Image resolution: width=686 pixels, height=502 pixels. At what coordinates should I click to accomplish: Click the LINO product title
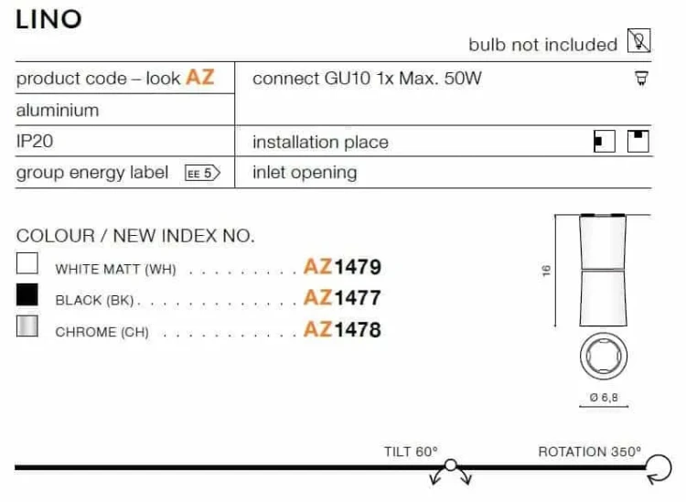point(48,20)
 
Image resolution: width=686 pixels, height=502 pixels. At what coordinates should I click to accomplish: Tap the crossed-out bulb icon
point(638,40)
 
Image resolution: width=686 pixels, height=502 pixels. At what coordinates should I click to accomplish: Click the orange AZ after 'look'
point(200,78)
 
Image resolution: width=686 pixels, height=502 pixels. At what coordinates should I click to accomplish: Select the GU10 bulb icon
point(641,79)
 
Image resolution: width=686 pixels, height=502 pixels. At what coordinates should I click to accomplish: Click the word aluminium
point(58,111)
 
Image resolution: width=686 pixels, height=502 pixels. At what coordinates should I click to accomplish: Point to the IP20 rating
point(35,141)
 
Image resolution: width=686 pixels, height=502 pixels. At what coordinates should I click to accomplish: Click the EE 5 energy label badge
point(202,173)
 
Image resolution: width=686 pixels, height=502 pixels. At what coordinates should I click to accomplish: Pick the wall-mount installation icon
point(605,141)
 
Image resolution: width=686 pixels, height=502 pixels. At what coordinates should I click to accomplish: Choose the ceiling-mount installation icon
point(638,141)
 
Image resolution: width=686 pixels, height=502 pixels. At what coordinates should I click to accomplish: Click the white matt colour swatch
point(27,263)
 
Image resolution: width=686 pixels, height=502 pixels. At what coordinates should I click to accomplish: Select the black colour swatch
point(27,294)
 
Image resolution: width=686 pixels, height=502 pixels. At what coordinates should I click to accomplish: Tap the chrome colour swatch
point(27,326)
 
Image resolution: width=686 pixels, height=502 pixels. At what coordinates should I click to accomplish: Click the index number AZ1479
point(342,267)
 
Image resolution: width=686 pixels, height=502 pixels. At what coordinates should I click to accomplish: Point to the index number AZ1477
point(342,298)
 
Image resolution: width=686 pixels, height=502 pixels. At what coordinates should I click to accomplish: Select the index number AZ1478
point(342,329)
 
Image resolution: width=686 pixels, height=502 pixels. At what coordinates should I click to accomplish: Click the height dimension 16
point(546,271)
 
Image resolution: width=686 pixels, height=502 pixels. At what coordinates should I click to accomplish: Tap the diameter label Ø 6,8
point(604,398)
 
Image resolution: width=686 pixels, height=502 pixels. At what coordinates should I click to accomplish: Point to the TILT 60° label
point(411,452)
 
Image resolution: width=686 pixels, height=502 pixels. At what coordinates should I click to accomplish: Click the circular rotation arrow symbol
point(670,468)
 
